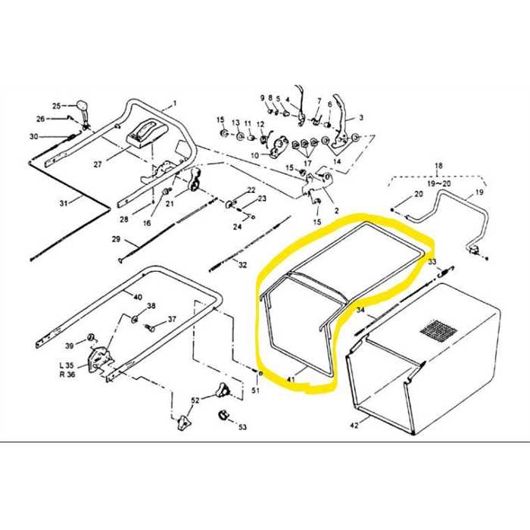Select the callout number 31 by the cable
[x=64, y=202]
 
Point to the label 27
[x=97, y=164]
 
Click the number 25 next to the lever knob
[x=55, y=105]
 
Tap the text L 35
[x=66, y=365]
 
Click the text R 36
[x=66, y=374]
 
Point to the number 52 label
[x=195, y=400]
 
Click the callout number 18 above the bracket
[x=438, y=165]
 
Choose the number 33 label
[x=432, y=263]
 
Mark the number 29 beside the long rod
[x=116, y=239]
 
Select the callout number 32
[x=242, y=265]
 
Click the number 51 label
[x=255, y=391]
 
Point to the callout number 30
[x=33, y=136]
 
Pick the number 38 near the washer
[x=151, y=306]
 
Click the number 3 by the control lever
[x=360, y=118]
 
